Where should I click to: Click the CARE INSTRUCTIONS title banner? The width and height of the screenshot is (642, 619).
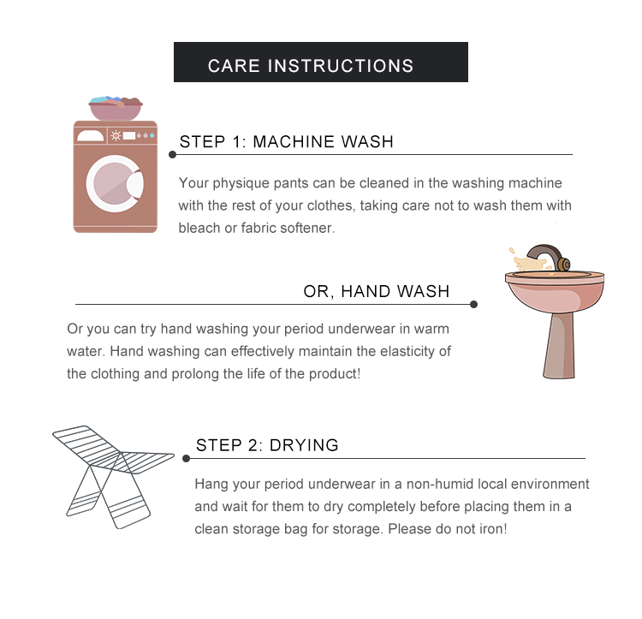321,62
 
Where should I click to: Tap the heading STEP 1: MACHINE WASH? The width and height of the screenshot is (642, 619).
286,141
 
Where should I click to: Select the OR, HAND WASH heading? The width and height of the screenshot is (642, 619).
377,291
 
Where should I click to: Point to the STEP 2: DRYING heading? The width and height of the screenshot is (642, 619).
267,445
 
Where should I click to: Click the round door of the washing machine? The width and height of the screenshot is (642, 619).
115,183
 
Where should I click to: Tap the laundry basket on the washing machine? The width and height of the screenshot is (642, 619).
116,108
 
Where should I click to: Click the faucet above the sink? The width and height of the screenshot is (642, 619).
548,257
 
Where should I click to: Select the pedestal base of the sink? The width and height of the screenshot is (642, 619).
559,346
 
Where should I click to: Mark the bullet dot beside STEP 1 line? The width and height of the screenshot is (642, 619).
172,154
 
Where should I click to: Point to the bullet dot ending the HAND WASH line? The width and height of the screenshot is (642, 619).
473,304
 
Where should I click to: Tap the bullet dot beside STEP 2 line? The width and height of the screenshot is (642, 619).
186,458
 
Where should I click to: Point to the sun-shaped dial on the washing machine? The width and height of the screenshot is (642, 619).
116,135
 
